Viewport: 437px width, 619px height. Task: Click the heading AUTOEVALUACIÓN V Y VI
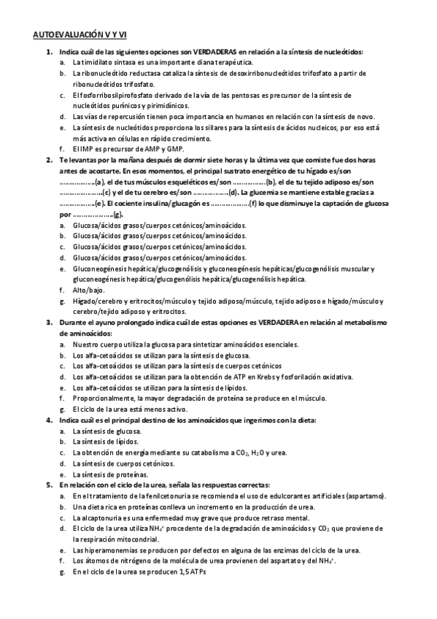click(80, 34)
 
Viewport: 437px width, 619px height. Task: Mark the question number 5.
click(49, 484)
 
